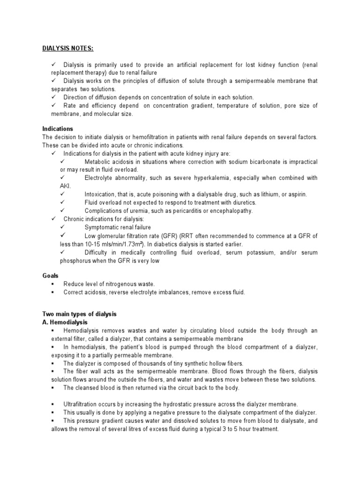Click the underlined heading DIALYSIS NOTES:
click(x=67, y=48)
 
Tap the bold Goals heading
click(x=50, y=276)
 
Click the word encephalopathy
click(x=228, y=211)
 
